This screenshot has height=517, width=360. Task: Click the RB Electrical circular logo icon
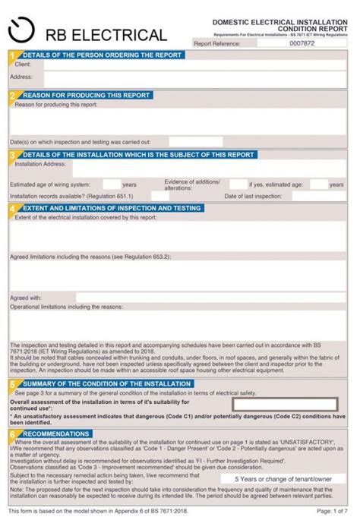tap(21, 30)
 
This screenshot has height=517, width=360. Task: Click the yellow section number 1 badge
tap(12, 55)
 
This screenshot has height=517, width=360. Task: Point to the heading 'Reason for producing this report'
tap(86, 95)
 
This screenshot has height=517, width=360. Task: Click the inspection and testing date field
tap(195, 141)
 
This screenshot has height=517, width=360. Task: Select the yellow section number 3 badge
tap(12, 154)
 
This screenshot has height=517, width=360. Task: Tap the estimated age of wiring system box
tap(112, 184)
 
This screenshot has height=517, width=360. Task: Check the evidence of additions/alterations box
tap(238, 184)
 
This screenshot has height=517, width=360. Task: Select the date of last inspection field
tap(311, 196)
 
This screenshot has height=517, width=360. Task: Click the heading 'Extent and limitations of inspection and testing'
tap(112, 207)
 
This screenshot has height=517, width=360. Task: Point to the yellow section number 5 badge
tap(12, 384)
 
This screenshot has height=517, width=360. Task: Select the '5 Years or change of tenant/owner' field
tap(283, 479)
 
